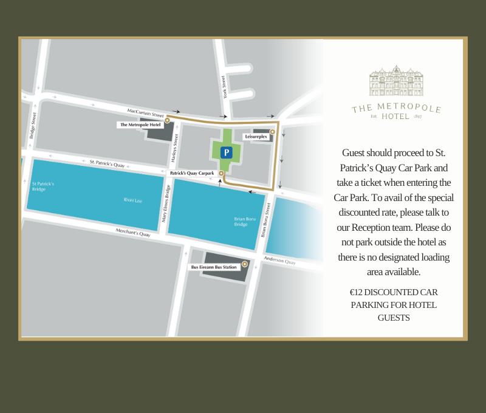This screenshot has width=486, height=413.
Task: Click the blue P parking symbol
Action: click(226, 152)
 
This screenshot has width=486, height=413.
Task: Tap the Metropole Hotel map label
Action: click(140, 125)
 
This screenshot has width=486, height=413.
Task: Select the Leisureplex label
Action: click(256, 137)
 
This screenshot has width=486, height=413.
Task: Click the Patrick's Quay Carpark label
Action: click(192, 173)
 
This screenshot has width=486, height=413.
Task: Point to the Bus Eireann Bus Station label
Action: click(214, 267)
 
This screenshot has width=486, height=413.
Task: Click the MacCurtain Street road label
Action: click(146, 113)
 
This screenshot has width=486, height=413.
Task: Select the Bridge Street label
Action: click(33, 125)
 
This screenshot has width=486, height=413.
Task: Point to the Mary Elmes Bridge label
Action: click(165, 203)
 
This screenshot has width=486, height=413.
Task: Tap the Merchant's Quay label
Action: click(133, 232)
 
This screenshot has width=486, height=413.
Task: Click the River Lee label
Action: click(132, 199)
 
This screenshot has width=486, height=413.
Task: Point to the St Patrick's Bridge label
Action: click(43, 186)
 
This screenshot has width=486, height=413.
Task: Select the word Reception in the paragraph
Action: click(378, 227)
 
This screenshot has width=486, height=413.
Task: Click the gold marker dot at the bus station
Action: click(245, 264)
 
